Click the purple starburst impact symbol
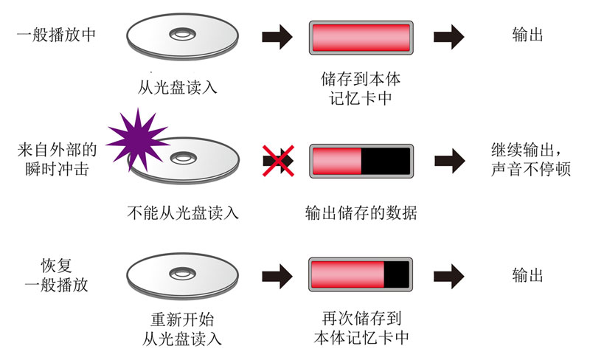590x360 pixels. (x=138, y=140)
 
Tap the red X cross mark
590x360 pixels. (x=279, y=161)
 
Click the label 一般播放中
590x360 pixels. (x=57, y=35)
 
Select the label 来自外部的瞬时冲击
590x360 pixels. (x=57, y=159)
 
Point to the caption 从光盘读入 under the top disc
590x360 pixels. (x=177, y=88)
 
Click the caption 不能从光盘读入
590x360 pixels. (x=183, y=212)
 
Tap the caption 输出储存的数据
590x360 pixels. (x=361, y=212)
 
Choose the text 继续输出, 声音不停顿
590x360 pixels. (x=530, y=159)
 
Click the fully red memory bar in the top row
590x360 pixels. (x=361, y=38)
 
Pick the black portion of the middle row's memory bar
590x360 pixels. (x=385, y=161)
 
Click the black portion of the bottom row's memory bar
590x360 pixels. (x=396, y=274)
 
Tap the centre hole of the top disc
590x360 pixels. (x=182, y=35)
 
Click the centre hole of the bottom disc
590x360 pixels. (x=182, y=274)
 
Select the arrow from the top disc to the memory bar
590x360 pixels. (x=277, y=37)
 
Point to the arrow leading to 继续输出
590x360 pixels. (x=450, y=161)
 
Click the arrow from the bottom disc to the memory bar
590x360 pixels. (x=277, y=277)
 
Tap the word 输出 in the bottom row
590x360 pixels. (x=527, y=275)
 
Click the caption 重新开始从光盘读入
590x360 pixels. (x=182, y=329)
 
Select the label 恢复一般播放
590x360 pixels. (x=57, y=275)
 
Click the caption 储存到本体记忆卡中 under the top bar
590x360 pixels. (x=361, y=89)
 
